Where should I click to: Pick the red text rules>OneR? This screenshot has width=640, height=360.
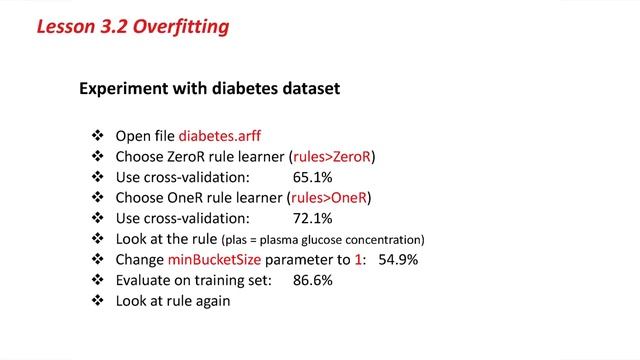(336, 198)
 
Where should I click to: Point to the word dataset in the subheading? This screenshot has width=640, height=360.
(309, 89)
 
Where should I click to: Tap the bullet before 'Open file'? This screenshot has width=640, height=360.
(97, 136)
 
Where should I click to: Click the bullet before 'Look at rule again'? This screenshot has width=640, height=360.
(97, 301)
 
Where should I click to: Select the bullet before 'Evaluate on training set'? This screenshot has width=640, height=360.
(97, 280)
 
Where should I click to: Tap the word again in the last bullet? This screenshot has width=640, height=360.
(212, 301)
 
